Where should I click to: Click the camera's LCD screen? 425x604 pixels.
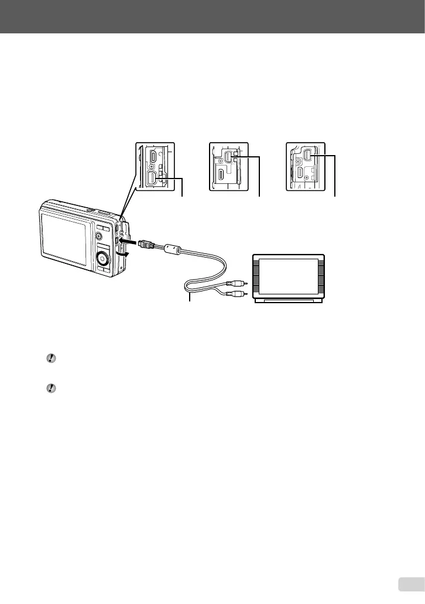pyautogui.click(x=64, y=234)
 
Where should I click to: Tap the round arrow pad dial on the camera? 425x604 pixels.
pyautogui.click(x=103, y=258)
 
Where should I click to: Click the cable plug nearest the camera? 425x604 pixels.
pyautogui.click(x=146, y=245)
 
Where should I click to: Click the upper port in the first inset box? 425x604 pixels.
pyautogui.click(x=153, y=157)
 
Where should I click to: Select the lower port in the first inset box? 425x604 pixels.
pyautogui.click(x=153, y=179)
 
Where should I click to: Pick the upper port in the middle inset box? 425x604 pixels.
pyautogui.click(x=229, y=159)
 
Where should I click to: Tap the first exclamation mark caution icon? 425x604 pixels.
pyautogui.click(x=51, y=359)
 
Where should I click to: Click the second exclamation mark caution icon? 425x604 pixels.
pyautogui.click(x=51, y=387)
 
